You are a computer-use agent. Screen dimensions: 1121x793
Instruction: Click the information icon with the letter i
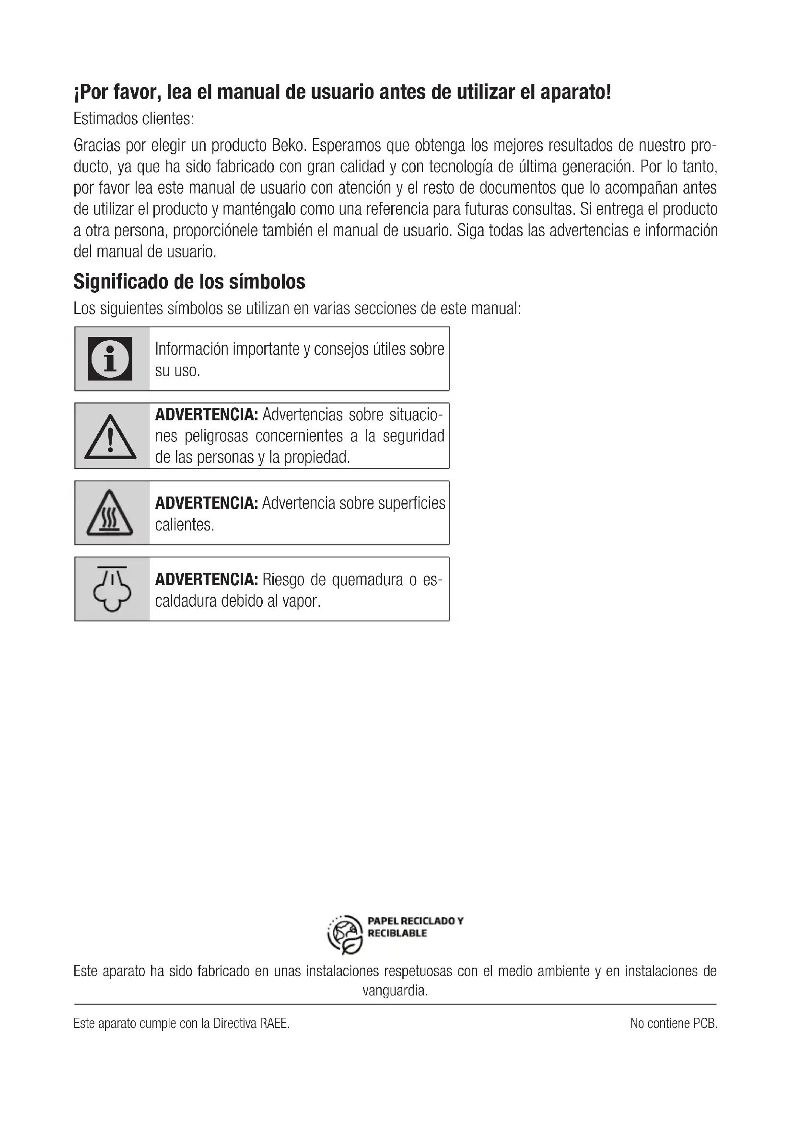[x=110, y=358]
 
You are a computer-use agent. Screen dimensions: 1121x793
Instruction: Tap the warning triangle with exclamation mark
[x=110, y=437]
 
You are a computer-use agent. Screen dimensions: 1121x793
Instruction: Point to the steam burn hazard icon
[x=112, y=589]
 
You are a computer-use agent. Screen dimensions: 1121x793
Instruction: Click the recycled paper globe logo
[x=345, y=935]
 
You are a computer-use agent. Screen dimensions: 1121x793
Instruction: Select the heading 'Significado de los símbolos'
[x=189, y=282]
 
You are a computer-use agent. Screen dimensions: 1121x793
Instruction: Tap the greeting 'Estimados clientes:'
[x=133, y=119]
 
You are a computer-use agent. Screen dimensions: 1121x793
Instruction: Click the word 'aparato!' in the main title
[x=575, y=92]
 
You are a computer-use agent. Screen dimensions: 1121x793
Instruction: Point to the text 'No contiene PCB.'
[x=673, y=1023]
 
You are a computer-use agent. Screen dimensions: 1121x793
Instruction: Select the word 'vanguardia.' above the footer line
[x=395, y=991]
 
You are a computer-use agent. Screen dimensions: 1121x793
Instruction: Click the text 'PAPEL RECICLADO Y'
[x=415, y=921]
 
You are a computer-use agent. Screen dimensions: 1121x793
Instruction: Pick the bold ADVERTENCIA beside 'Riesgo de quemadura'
[x=206, y=579]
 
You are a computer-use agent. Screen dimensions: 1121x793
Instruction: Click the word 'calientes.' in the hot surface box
[x=185, y=525]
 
